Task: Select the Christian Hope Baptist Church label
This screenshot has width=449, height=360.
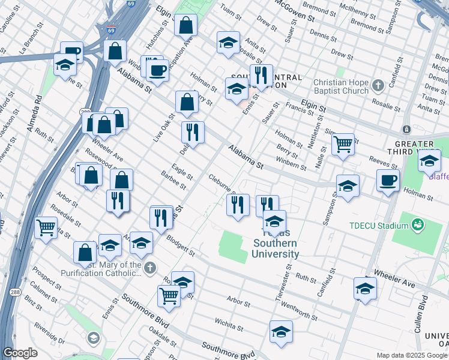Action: click(340, 86)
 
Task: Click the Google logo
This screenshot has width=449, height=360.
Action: click(20, 353)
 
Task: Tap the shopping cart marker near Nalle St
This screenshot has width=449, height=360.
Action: click(343, 145)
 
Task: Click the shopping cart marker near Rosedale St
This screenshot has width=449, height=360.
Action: click(46, 227)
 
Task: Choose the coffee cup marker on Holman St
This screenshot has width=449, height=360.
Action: click(388, 180)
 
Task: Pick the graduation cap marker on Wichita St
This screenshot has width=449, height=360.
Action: click(281, 332)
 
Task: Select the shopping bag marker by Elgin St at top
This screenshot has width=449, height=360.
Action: click(186, 26)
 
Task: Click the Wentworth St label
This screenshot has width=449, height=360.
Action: click(298, 313)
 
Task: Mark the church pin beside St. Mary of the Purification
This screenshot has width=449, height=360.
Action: click(151, 267)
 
